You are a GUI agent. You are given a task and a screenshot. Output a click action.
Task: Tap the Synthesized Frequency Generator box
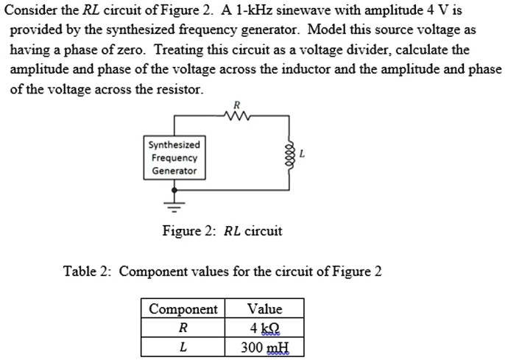[x=174, y=158]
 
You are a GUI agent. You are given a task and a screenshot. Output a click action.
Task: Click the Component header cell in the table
[x=183, y=308]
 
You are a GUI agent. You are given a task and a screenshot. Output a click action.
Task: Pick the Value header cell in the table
[x=265, y=308]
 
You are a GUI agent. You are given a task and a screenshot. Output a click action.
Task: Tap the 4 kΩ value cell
[x=265, y=328]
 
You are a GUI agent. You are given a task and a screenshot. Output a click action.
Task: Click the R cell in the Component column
[x=183, y=328]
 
